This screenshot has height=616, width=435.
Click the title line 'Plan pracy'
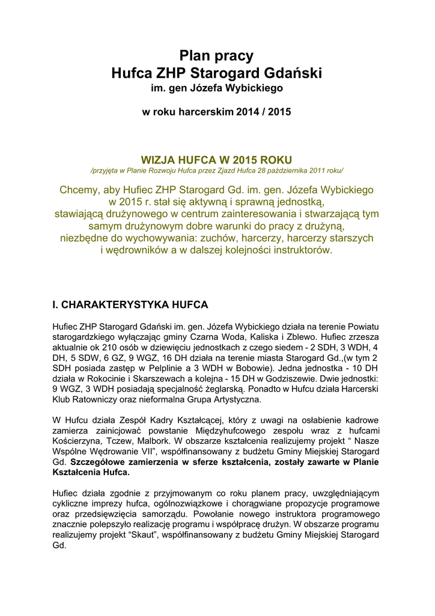coord(217,56)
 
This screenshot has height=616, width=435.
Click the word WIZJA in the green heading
coord(157,159)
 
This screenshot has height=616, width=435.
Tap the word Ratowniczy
coord(91,402)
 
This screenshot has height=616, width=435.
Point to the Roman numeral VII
coord(153,451)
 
